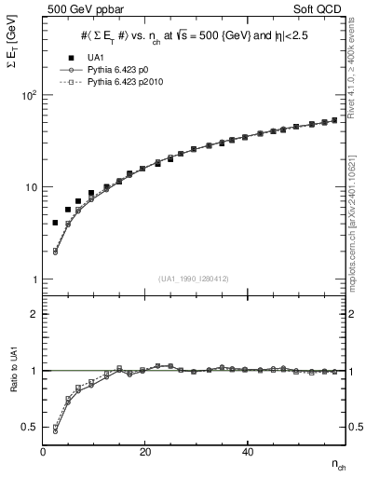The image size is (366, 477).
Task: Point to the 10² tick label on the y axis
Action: (28, 96)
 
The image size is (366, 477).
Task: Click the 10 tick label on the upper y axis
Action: (31, 187)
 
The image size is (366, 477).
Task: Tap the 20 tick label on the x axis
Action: (145, 451)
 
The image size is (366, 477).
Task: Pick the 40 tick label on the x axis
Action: (247, 451)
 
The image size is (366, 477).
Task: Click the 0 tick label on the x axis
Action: (44, 451)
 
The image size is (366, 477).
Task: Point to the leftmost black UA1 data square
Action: (55, 223)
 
